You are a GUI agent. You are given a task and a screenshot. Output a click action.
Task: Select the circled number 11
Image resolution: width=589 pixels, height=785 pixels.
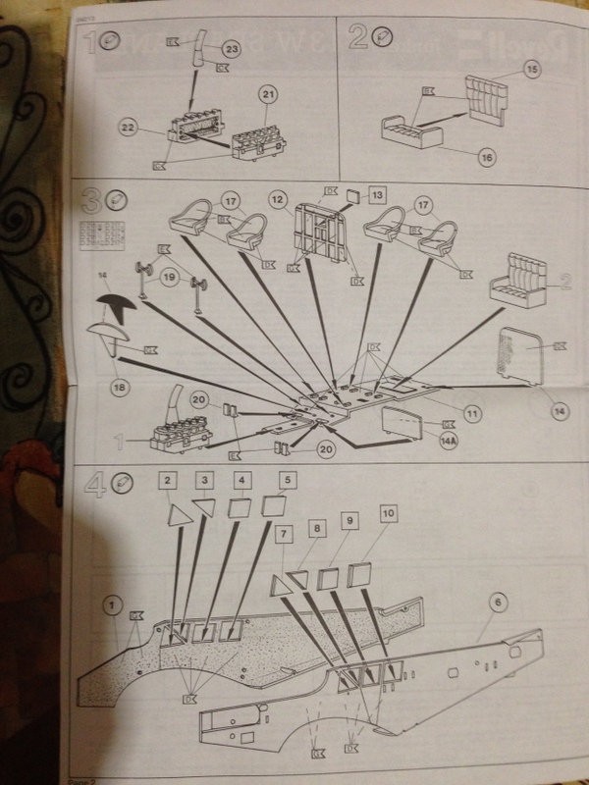471,414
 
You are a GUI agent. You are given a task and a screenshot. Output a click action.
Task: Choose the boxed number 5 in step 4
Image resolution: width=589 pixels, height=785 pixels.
287,481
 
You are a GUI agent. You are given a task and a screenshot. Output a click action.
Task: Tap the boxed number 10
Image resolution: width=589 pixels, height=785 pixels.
390,513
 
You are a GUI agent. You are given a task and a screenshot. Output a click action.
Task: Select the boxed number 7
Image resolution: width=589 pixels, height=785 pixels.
285,533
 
